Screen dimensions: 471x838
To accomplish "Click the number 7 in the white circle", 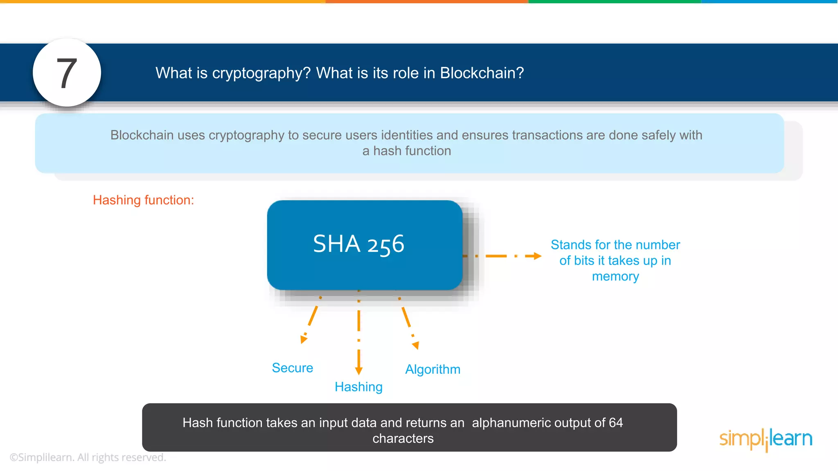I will point(67,74).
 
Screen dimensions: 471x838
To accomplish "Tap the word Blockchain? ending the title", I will point(482,73).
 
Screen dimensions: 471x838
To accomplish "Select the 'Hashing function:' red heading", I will point(143,200).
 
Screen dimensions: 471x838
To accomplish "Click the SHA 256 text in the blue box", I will point(358,244).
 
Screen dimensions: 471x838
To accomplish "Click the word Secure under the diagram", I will point(292,368).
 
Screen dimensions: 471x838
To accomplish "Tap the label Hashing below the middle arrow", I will point(358,387).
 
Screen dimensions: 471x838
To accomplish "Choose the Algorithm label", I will point(433,369).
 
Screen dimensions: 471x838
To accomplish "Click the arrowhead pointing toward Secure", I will point(303,339).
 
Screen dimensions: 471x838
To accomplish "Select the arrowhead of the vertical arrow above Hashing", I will point(358,370).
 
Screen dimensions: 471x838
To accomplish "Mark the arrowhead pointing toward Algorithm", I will point(416,345).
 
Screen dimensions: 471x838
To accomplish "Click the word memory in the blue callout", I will point(615,276).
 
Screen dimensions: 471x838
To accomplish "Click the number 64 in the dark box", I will point(615,423).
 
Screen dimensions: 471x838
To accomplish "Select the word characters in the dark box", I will point(403,438).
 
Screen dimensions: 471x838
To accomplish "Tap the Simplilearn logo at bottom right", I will point(766,439).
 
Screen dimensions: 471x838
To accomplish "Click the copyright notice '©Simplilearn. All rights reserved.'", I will point(88,457).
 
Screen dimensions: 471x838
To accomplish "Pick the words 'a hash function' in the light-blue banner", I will point(406,151).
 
